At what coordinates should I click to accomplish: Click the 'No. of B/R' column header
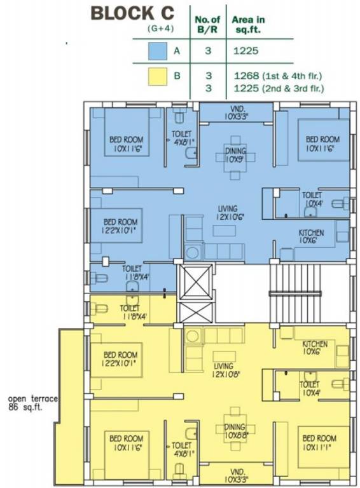click(x=207, y=24)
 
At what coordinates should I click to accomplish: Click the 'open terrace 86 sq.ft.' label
click(x=33, y=403)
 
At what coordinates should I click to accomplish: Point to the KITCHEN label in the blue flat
click(x=311, y=237)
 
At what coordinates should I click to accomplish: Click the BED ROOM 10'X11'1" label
click(x=318, y=442)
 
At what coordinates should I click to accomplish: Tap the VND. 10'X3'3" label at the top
click(x=235, y=112)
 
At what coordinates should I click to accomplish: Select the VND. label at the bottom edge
click(x=236, y=475)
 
